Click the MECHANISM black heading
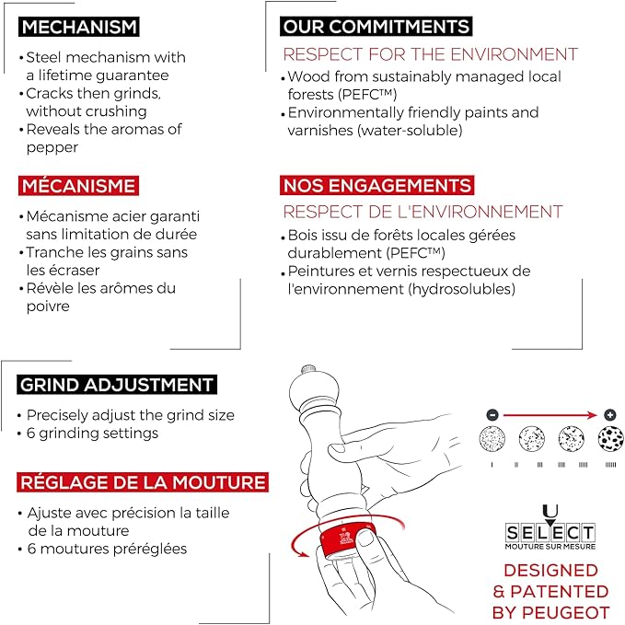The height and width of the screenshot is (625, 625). pyautogui.click(x=79, y=27)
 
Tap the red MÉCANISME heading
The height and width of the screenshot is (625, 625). pyautogui.click(x=78, y=186)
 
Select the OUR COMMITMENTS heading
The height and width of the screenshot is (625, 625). pyautogui.click(x=376, y=27)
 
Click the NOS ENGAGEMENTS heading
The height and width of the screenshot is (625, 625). pyautogui.click(x=376, y=185)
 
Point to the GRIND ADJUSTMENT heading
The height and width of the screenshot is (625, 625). pyautogui.click(x=117, y=385)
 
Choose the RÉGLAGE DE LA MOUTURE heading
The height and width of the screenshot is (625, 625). pyautogui.click(x=143, y=482)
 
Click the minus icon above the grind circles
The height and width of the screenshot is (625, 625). pyautogui.click(x=492, y=415)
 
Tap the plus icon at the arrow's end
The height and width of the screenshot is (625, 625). pyautogui.click(x=610, y=415)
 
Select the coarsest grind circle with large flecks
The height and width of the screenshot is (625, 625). pyautogui.click(x=610, y=438)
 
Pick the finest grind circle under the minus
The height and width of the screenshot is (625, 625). pyautogui.click(x=492, y=438)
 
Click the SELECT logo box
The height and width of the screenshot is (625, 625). pyautogui.click(x=550, y=533)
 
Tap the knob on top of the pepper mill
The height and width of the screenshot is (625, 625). pyautogui.click(x=309, y=369)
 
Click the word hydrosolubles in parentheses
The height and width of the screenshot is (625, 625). pyautogui.click(x=461, y=289)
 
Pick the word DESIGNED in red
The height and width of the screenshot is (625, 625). pyautogui.click(x=550, y=571)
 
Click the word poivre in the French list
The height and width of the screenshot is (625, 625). pyautogui.click(x=48, y=307)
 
